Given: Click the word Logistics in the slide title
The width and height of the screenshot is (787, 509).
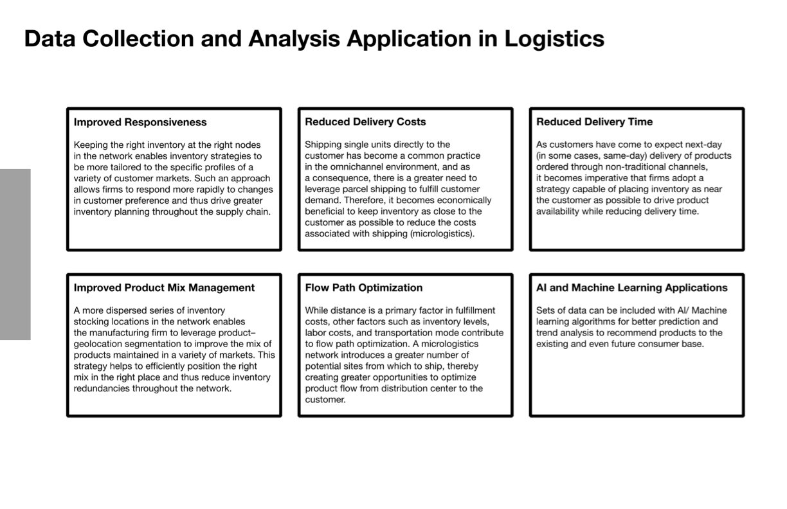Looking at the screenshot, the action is [554, 39].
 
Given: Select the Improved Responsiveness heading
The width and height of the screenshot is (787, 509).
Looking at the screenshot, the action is [140, 122].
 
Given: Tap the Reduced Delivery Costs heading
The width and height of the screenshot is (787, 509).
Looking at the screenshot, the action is [365, 122].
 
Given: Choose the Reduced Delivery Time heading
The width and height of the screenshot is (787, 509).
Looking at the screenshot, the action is [594, 122].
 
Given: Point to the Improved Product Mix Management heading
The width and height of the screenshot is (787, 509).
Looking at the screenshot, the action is [164, 288].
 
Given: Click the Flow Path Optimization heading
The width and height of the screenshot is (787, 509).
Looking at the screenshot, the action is [363, 288].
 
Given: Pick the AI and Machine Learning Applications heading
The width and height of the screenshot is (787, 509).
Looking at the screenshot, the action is [631, 288].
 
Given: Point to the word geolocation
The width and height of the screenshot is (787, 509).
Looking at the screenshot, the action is [102, 344].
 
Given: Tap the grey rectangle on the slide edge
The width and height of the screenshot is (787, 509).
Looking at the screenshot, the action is [15, 254].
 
